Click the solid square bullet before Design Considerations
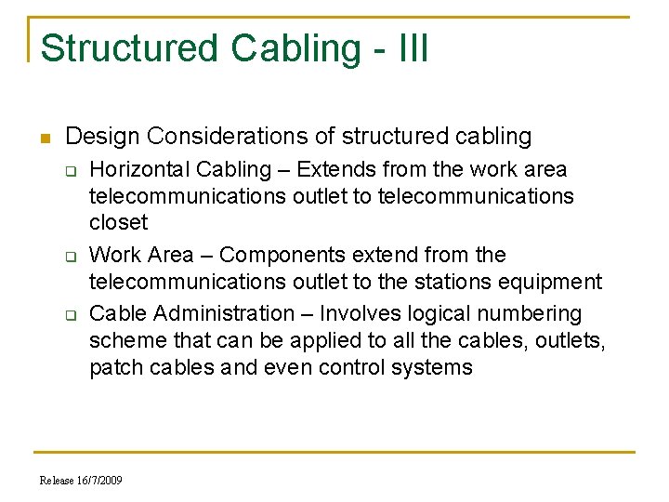coord(45,138)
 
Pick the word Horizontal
coord(136,170)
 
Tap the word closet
coord(118,222)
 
